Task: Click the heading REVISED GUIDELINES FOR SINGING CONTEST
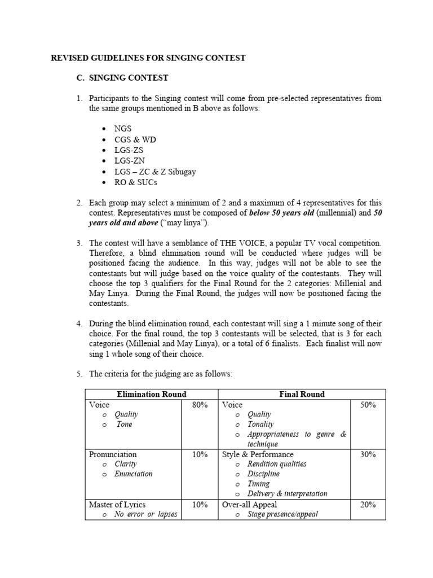point(148,58)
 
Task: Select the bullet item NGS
point(122,129)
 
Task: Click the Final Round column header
point(302,394)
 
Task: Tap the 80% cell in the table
point(200,405)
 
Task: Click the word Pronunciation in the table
point(113,454)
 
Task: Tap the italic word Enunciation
point(133,474)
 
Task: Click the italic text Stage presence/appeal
point(282,514)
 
